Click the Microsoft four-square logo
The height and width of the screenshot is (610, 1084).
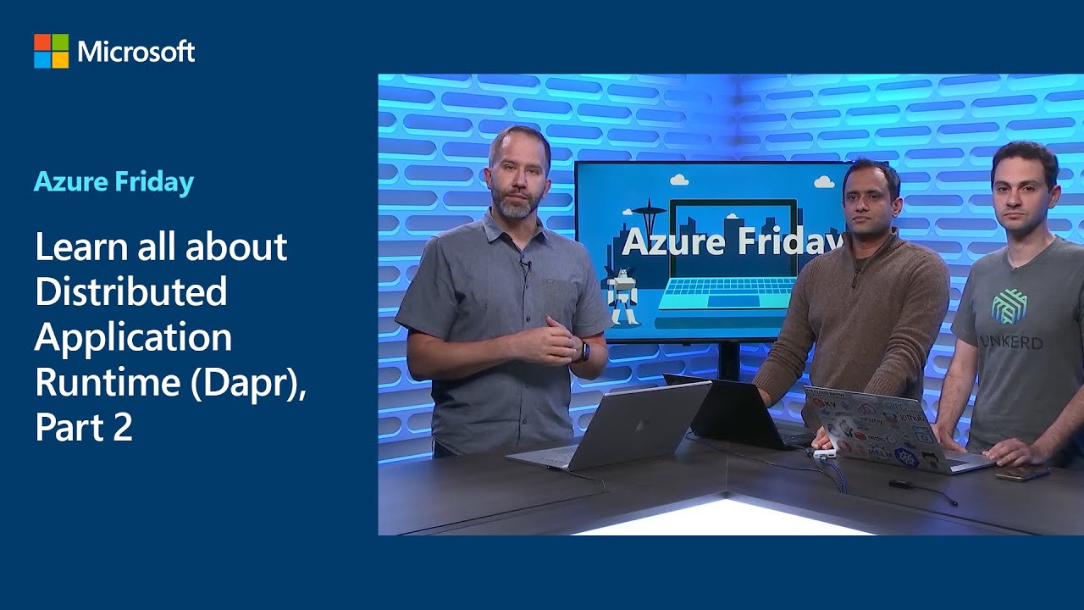tap(51, 51)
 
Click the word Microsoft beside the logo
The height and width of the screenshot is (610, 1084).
tap(136, 52)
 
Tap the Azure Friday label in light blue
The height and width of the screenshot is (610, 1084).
tap(113, 181)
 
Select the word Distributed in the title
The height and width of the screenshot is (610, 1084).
tap(131, 291)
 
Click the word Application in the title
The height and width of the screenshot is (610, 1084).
tap(133, 336)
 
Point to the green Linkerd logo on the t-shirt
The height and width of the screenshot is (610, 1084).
tap(1008, 305)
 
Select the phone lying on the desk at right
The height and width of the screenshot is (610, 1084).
tap(1021, 474)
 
